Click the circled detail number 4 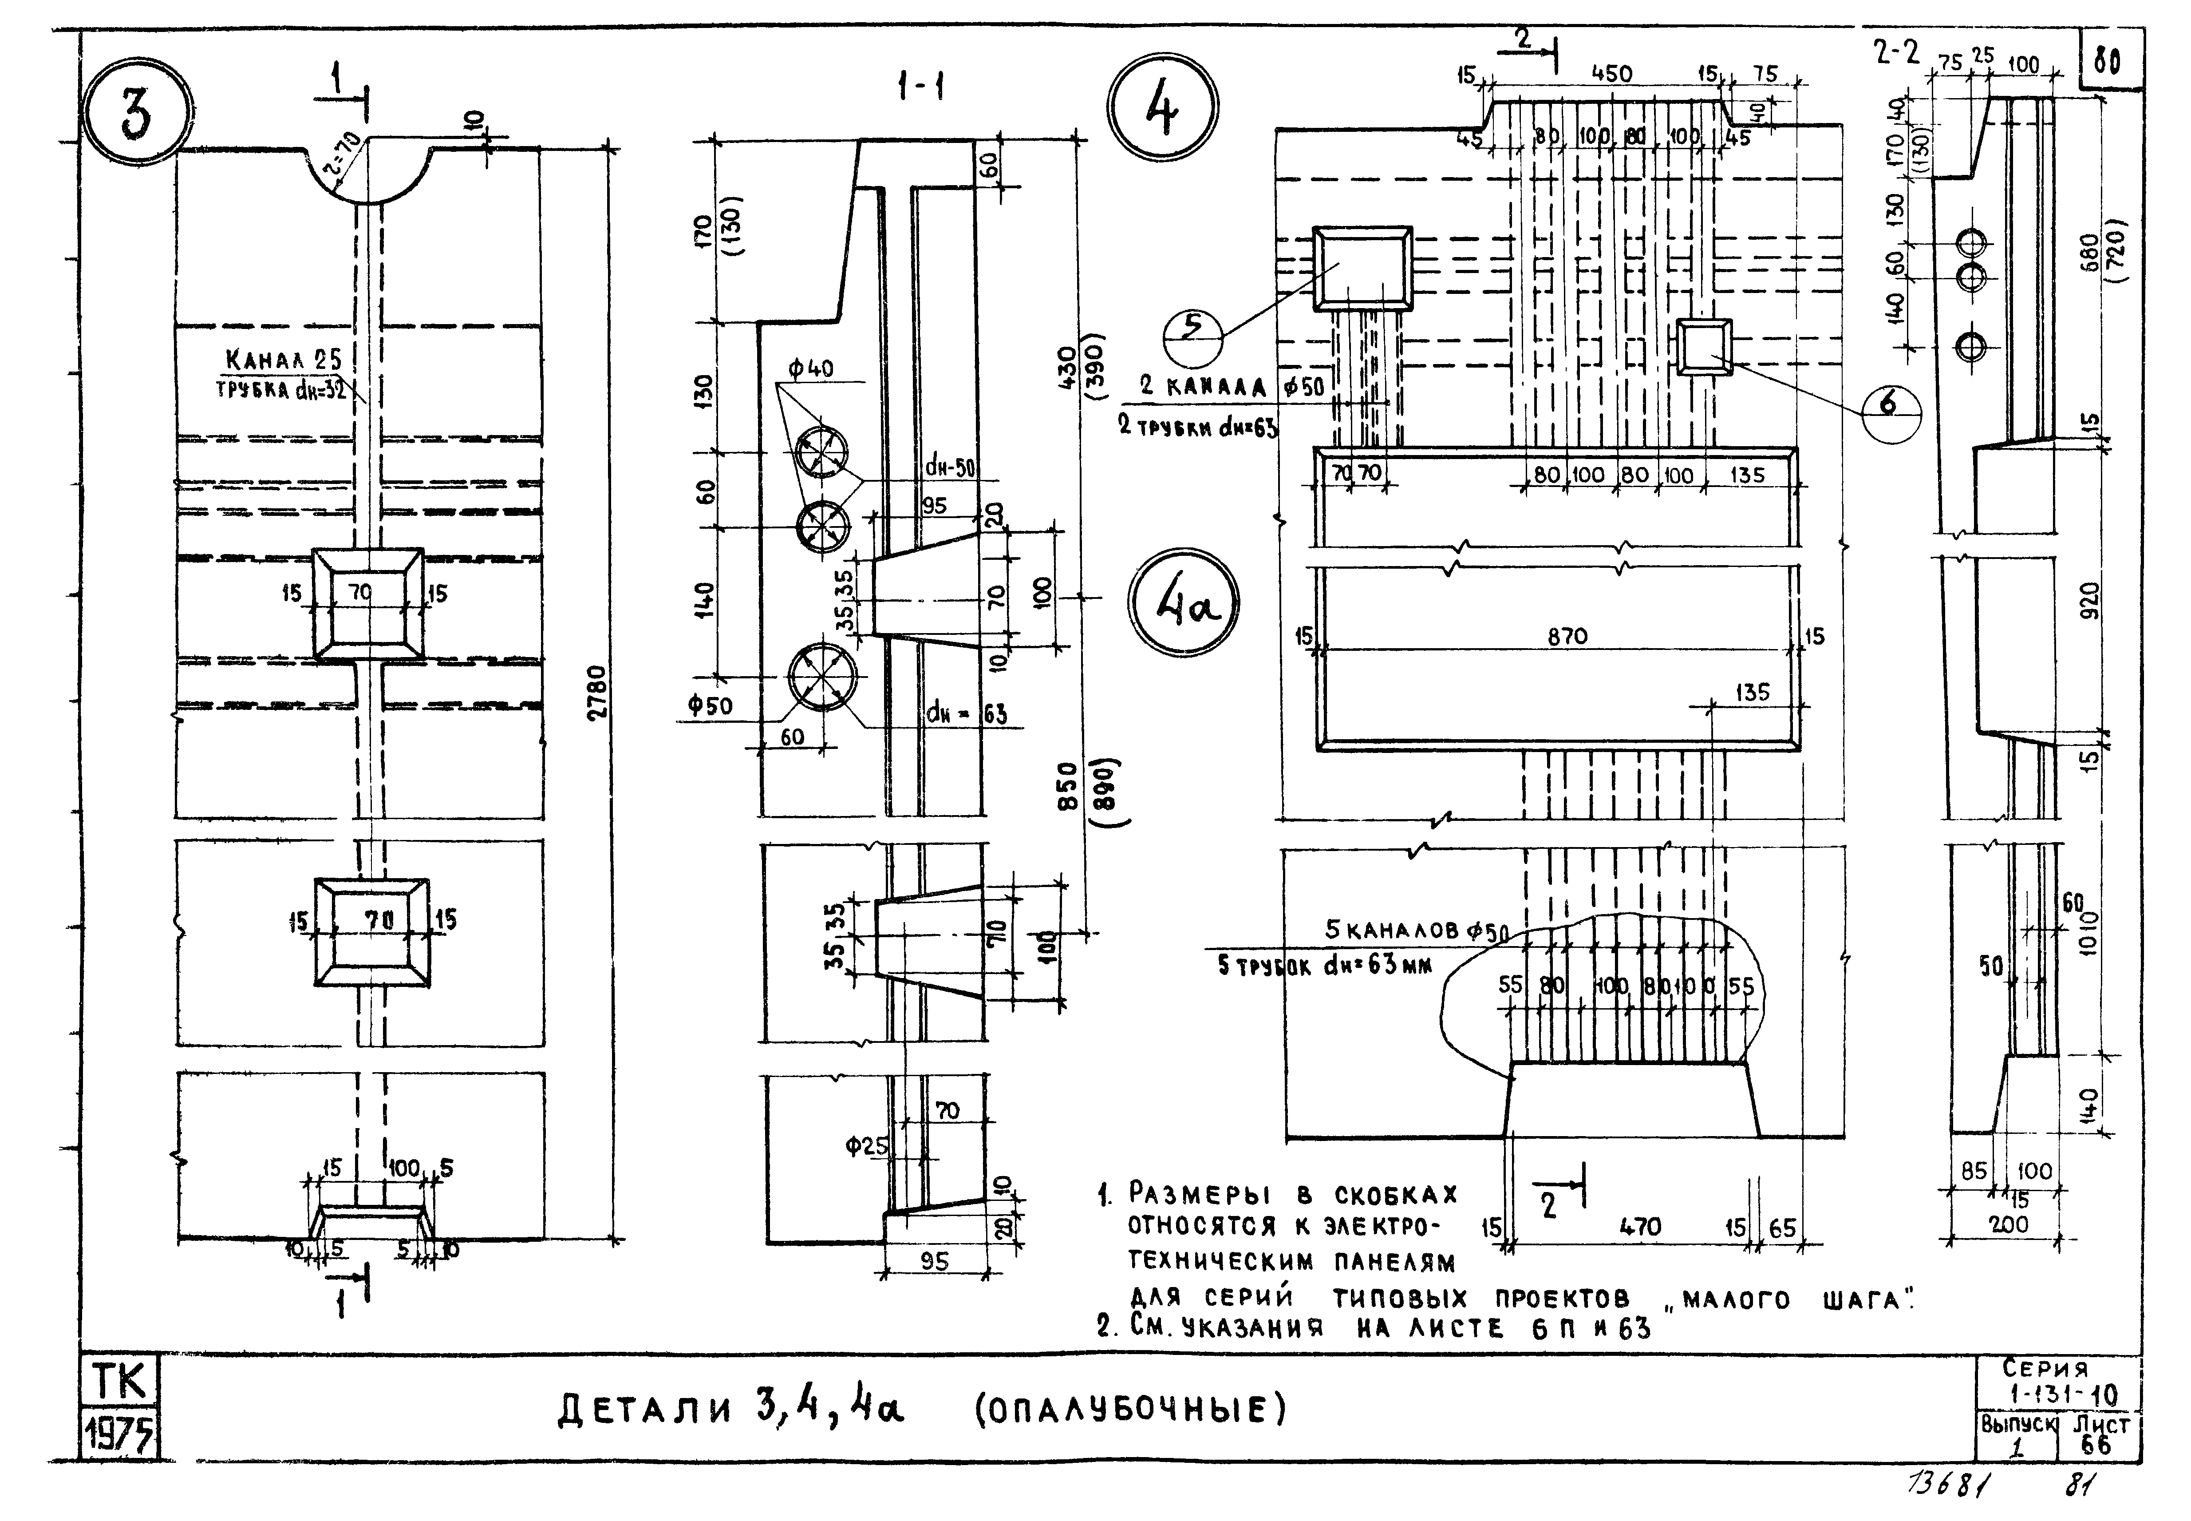[x=1162, y=107]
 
